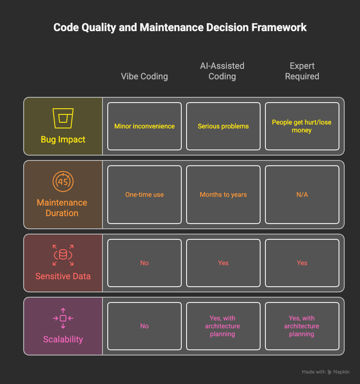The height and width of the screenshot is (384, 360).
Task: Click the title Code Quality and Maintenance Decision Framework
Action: pos(180,28)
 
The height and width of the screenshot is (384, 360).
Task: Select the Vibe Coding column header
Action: pos(145,76)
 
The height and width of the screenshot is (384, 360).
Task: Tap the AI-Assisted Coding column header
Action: pos(222,71)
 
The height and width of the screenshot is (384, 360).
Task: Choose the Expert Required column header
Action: pos(302,71)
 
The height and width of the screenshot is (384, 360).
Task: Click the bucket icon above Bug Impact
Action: pos(63,118)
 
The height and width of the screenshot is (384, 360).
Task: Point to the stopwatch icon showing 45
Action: pos(63,181)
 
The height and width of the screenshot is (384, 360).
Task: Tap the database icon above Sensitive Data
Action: pos(63,255)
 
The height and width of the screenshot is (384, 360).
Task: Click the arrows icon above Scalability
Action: pos(63,318)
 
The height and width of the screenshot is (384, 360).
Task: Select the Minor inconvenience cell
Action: pos(145,126)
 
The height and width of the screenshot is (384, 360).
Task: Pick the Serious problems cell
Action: pos(223,126)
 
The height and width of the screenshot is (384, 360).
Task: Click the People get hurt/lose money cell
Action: pos(302,126)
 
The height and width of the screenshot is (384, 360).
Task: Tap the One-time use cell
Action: pos(145,195)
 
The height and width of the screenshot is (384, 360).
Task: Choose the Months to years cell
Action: pos(223,195)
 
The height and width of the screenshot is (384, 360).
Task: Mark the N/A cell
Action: pos(302,195)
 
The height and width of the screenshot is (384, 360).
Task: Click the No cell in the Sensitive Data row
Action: pos(145,263)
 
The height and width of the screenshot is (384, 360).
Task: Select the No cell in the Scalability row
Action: pos(145,326)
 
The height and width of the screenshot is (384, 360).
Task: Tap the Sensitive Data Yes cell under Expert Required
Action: pos(302,263)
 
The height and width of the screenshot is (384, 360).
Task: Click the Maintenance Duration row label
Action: pos(62,208)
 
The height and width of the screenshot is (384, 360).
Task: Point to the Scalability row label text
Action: pos(63,339)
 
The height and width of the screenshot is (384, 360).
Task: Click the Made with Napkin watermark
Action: pos(325,372)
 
